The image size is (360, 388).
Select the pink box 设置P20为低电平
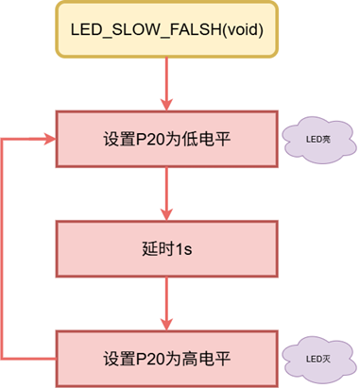(166, 140)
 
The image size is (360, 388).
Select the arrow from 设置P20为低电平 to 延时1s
(166, 194)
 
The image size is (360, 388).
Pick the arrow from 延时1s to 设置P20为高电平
(166, 304)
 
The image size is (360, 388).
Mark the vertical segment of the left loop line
(5, 249)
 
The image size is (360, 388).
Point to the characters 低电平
(207, 141)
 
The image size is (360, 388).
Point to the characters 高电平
(207, 360)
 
